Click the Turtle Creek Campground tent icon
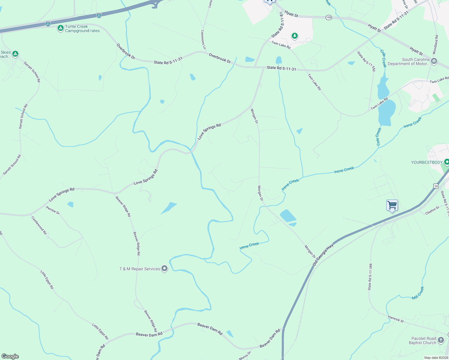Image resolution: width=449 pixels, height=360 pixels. click(x=60, y=28)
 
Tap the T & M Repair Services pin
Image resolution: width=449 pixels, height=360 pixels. click(x=164, y=268)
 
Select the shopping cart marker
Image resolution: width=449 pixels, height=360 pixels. click(x=392, y=205)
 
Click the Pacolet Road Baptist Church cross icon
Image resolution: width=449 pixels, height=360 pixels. click(x=441, y=340)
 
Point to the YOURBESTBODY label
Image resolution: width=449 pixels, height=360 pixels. click(x=426, y=162)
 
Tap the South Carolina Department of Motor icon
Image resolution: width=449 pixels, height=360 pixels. click(x=434, y=61)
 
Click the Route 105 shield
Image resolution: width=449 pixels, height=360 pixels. click(x=329, y=17)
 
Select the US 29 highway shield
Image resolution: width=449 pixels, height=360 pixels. click(x=436, y=186)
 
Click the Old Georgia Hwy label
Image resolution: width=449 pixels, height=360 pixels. click(x=323, y=255)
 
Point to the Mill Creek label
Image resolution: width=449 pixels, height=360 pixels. click(x=418, y=293)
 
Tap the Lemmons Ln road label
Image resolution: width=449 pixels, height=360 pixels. click(x=203, y=40)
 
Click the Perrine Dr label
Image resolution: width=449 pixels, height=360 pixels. click(x=53, y=210)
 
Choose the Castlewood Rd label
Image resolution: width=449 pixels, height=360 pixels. click(x=39, y=225)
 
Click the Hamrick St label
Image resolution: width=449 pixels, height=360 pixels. click(x=396, y=319)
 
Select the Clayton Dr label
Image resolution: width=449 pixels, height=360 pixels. click(x=432, y=210)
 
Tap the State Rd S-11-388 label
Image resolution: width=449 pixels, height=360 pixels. click(x=370, y=277)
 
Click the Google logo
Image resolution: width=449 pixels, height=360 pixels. click(x=10, y=356)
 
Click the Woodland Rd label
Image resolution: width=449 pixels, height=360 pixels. click(x=435, y=45)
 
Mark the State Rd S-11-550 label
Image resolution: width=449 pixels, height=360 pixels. click(x=366, y=61)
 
